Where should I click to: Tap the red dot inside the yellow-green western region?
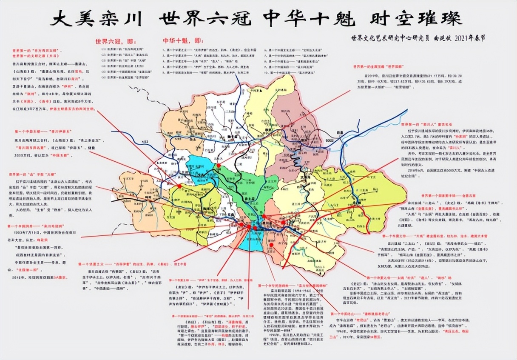[179, 186]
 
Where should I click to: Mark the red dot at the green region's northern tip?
[219, 166]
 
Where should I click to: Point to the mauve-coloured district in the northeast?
[298, 128]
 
